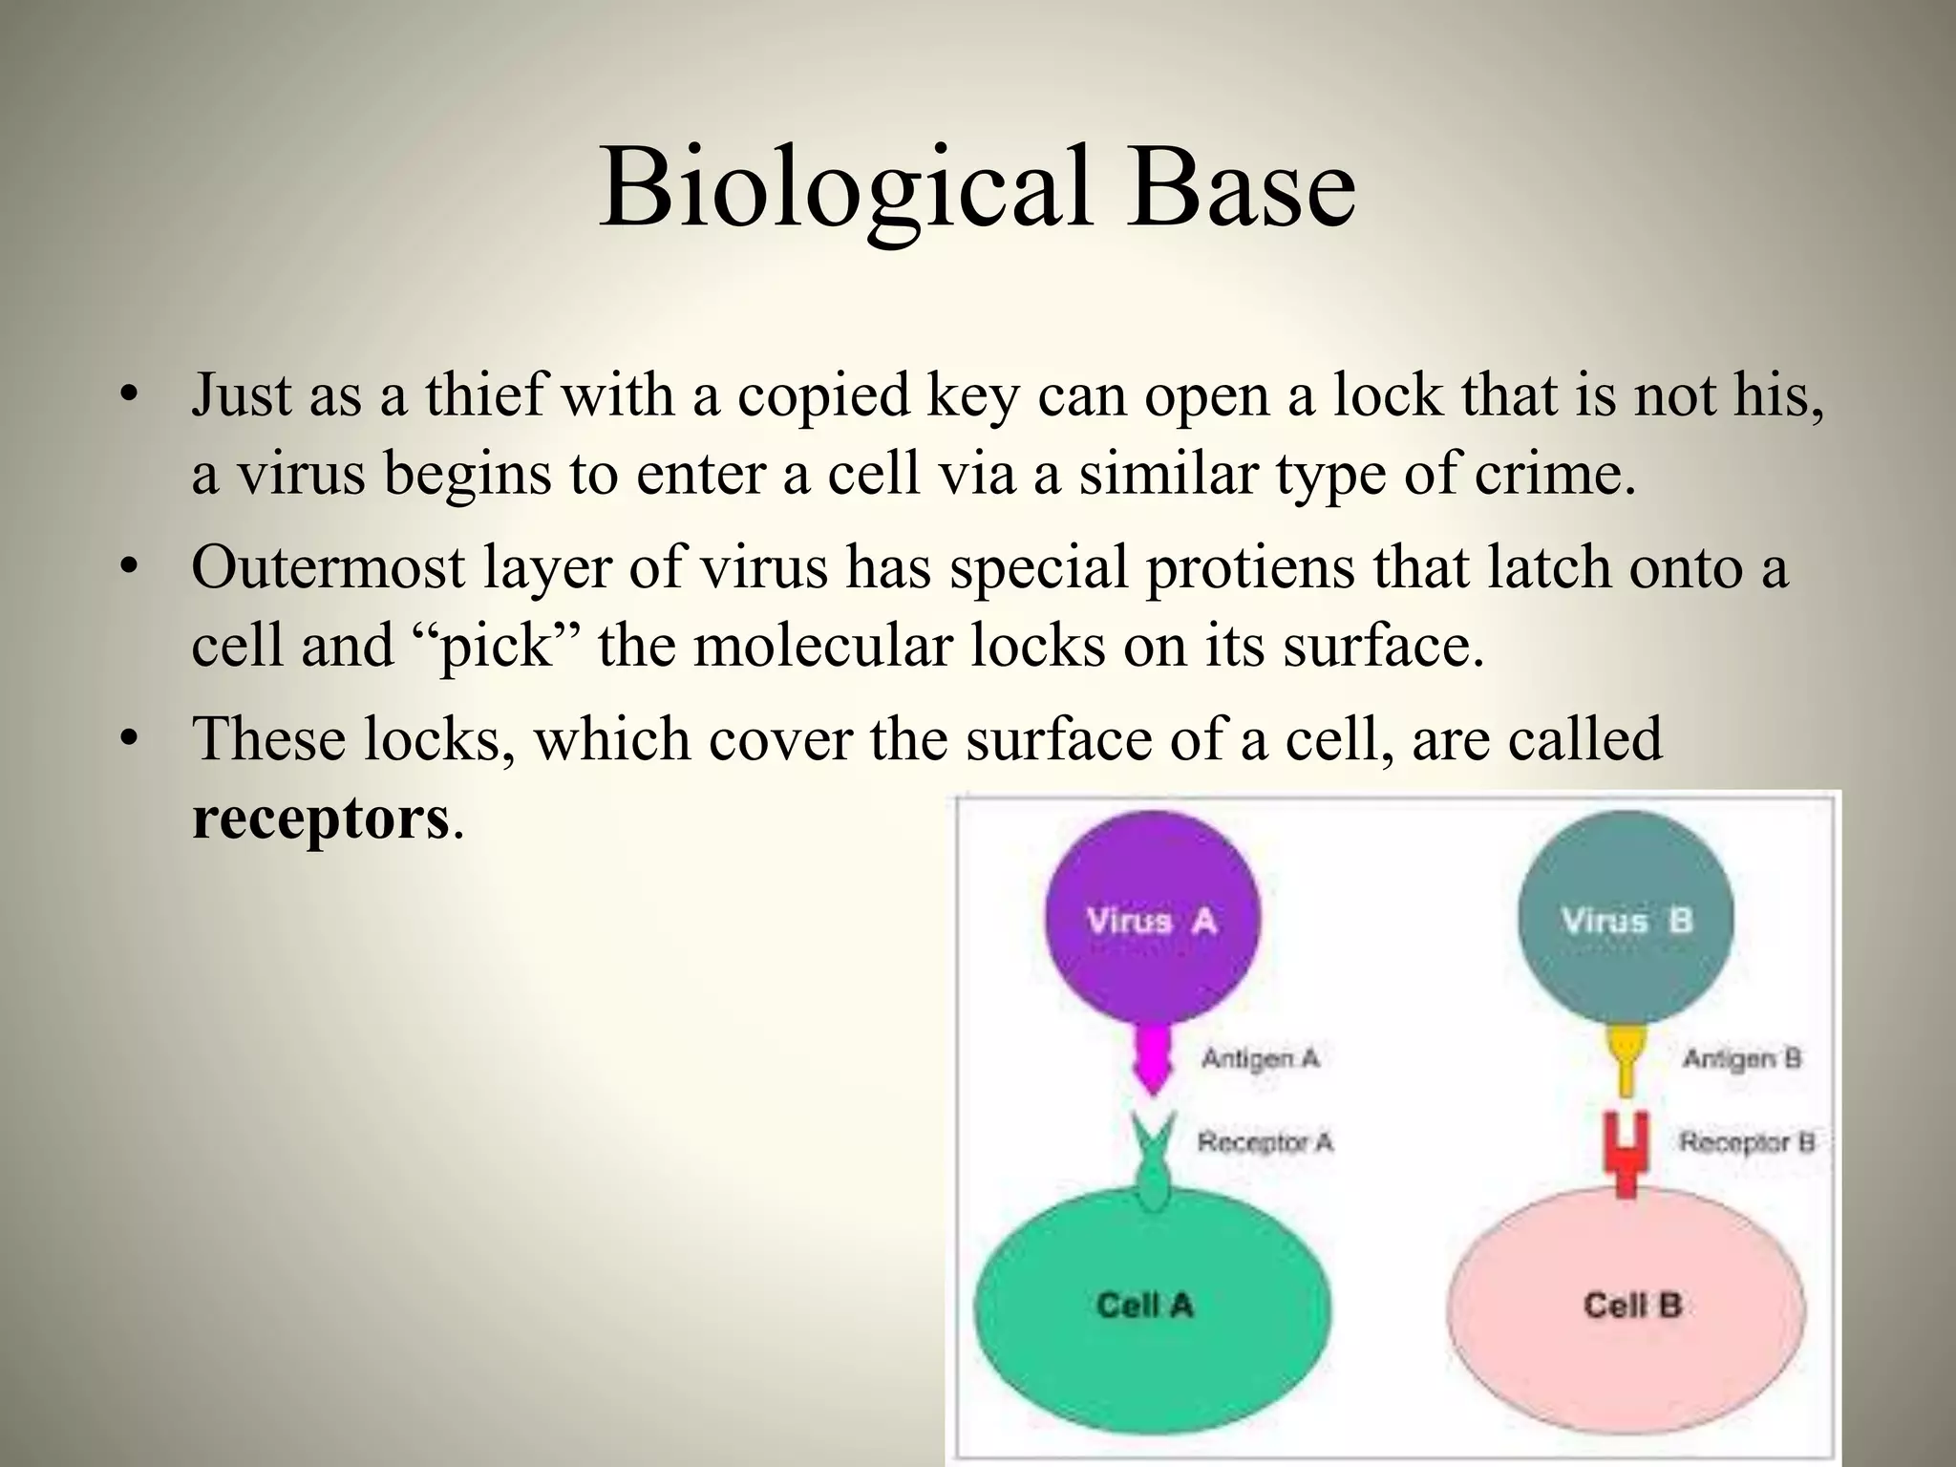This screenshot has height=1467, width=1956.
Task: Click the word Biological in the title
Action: click(844, 187)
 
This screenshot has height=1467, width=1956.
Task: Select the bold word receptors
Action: click(320, 819)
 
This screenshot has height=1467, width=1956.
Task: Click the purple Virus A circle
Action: click(1152, 918)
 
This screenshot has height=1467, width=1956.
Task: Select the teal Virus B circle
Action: click(1626, 918)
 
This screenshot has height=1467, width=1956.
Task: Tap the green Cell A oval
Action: click(1152, 1318)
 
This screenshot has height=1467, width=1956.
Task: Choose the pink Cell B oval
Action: click(1626, 1318)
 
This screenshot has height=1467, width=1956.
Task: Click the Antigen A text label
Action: click(1260, 1058)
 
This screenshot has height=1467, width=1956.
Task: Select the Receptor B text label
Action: click(1747, 1142)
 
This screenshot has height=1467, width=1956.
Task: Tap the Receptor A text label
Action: click(1265, 1142)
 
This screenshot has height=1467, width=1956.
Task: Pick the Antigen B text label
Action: click(1741, 1058)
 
